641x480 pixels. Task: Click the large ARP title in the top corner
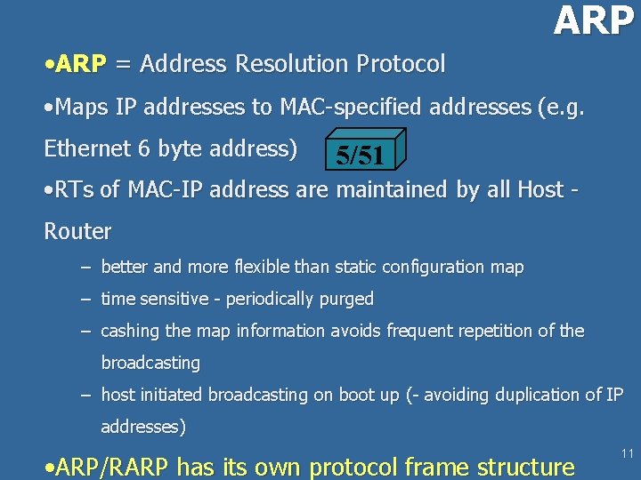pyautogui.click(x=593, y=20)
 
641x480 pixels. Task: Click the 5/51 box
pyautogui.click(x=361, y=155)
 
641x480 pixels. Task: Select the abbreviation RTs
pyautogui.click(x=74, y=189)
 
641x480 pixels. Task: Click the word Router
pyautogui.click(x=77, y=232)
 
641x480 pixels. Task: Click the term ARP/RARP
pyautogui.click(x=113, y=466)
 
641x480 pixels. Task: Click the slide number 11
pyautogui.click(x=627, y=454)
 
